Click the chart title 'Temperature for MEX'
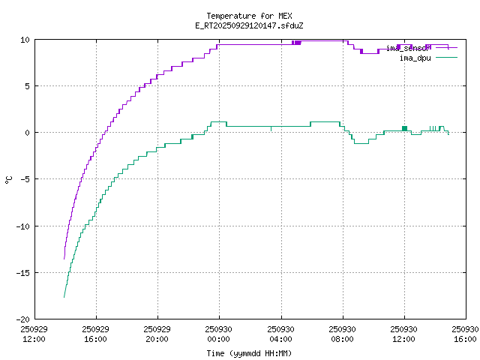249,16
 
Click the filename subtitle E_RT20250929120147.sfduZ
249,25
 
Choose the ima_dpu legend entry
415,58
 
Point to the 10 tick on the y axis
25,40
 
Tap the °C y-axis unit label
9,179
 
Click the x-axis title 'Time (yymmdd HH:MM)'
249,353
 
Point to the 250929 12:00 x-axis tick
34,334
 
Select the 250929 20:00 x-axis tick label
157,334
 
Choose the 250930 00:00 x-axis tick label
219,334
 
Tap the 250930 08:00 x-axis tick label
343,334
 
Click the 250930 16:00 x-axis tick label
466,334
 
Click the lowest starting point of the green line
64,298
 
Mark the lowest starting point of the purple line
64,259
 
